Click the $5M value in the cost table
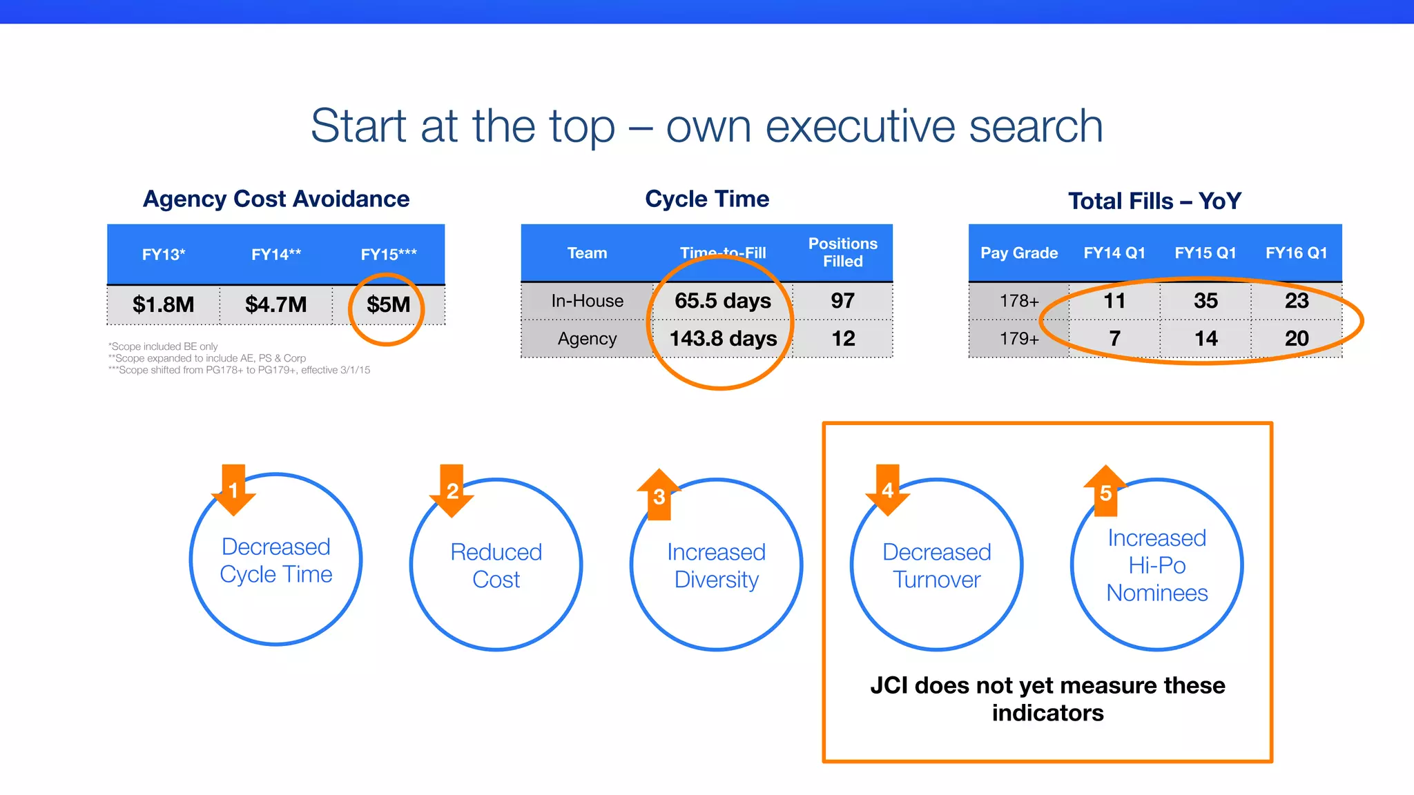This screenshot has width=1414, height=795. (388, 304)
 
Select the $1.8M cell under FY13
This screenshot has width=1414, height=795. (163, 304)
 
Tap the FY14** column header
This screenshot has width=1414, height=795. (275, 254)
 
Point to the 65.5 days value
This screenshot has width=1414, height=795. (722, 301)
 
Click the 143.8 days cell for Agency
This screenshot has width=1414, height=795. (723, 339)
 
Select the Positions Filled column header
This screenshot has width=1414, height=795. (842, 253)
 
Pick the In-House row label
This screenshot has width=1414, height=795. (587, 301)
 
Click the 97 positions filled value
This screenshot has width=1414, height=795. (842, 301)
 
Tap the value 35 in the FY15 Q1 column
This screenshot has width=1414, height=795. (1205, 301)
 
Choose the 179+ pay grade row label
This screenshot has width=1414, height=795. (1019, 339)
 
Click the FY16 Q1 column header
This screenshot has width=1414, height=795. (1296, 253)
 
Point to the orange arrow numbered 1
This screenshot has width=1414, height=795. (233, 490)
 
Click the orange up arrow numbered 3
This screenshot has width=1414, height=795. (659, 495)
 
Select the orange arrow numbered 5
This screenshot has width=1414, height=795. (1105, 491)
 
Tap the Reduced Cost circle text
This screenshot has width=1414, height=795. (496, 565)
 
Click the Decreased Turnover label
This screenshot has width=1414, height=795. (936, 565)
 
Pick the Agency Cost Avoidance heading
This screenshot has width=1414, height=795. (275, 199)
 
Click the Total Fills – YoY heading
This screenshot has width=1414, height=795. (1154, 201)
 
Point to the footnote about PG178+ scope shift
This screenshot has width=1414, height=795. (239, 370)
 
